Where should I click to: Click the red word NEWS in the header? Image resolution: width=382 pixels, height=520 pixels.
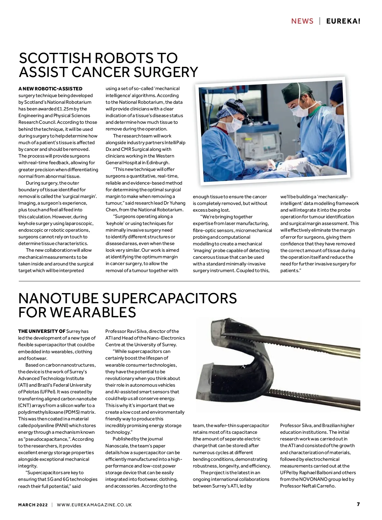pos(302,21)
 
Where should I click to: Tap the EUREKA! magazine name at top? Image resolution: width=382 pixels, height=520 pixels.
pos(343,21)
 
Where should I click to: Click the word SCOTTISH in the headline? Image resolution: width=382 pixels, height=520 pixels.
pos(55,58)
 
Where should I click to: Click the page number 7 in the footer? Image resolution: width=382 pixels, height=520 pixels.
pos(358,504)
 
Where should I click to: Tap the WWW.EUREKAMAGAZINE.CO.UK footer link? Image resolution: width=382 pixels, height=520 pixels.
pos(94,505)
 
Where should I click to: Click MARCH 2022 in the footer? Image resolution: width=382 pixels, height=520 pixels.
pos(33,505)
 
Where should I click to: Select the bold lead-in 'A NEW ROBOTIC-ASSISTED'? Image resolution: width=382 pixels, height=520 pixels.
pos(50,89)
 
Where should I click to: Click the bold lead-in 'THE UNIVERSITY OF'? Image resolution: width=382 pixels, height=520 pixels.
pos(42,331)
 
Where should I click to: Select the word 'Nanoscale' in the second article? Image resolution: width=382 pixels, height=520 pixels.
pos(117,446)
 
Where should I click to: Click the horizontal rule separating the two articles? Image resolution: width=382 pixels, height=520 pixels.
pos(189,281)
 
